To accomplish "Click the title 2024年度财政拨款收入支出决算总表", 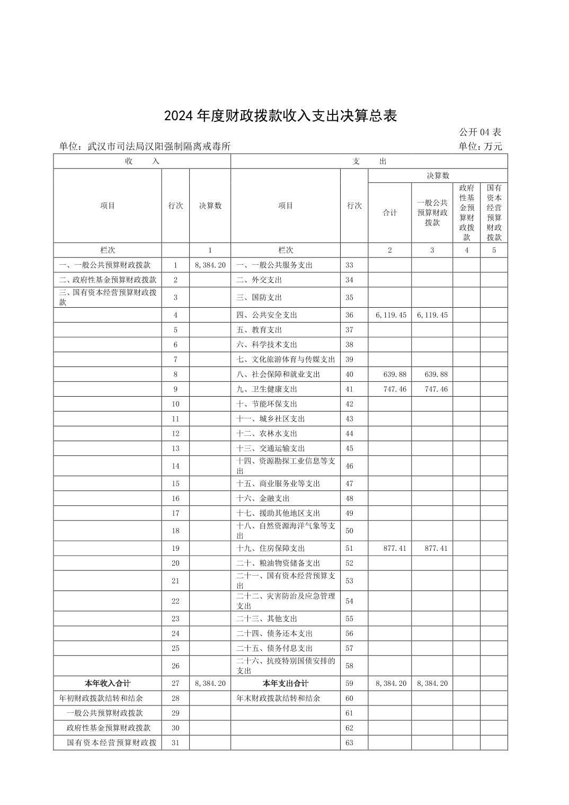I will click(x=280, y=116).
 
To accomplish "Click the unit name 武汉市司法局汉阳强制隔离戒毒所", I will click(x=159, y=147).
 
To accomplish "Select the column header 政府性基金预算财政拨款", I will click(x=466, y=212).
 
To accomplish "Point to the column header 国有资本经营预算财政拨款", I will click(x=494, y=212).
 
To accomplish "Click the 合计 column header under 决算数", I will click(x=390, y=213).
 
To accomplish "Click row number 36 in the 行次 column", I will click(x=349, y=315).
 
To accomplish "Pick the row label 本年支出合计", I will click(x=286, y=684).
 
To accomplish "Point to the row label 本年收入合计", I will click(x=108, y=684).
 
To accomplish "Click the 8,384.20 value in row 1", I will click(x=210, y=265).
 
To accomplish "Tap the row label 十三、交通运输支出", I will click(x=270, y=449).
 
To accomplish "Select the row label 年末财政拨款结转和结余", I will click(x=278, y=699).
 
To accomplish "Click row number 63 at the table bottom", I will click(x=349, y=743).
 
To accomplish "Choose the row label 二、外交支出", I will click(x=259, y=280).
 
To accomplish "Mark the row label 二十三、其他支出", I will click(x=266, y=619).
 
